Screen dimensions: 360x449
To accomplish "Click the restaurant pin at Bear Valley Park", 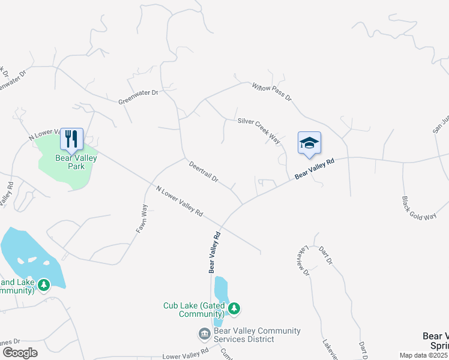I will click(x=72, y=139).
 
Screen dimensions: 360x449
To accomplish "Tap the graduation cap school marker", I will click(x=309, y=143).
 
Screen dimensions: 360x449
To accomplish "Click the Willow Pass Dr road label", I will click(x=271, y=91).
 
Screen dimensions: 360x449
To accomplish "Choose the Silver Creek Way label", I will click(x=259, y=130).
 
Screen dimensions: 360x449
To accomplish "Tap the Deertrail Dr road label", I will click(x=203, y=172).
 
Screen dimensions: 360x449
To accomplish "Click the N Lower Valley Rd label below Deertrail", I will click(x=179, y=202).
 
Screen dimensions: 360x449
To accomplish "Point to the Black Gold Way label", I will click(x=419, y=208).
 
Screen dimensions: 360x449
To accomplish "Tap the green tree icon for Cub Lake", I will click(x=234, y=308).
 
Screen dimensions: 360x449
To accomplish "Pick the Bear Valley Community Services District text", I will click(x=257, y=335).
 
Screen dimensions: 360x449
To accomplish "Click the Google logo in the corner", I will click(x=20, y=352).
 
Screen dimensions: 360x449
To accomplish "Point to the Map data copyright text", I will click(x=424, y=355).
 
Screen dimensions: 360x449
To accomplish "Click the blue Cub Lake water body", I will click(x=220, y=294).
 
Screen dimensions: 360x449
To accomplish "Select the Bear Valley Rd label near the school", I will click(x=313, y=169).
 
